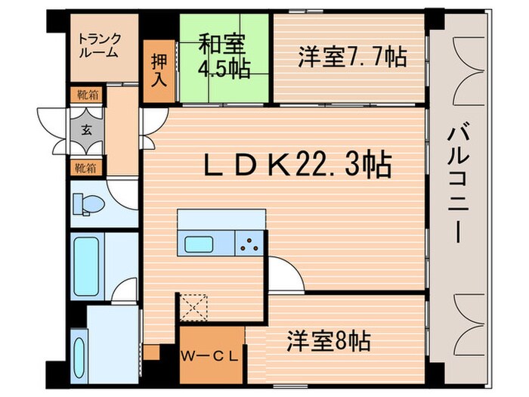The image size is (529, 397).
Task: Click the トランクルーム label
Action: pos(99,45)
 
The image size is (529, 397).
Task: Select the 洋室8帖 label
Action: pos(328,341)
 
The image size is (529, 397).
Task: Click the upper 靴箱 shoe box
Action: pos(87,95)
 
